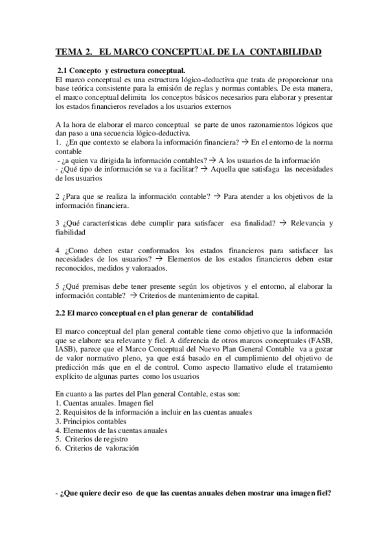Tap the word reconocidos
(x=76, y=268)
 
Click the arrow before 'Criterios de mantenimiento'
(x=133, y=295)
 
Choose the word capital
(x=244, y=295)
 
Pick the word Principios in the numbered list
(x=80, y=421)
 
